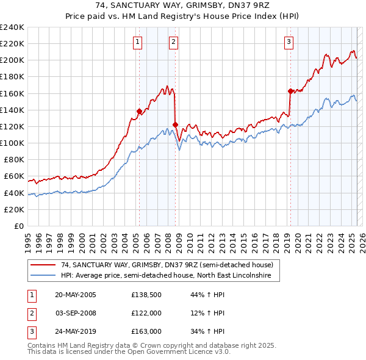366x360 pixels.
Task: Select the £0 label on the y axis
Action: coord(19,226)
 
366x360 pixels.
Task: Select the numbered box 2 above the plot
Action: coord(174,42)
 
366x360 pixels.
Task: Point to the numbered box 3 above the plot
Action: coord(288,42)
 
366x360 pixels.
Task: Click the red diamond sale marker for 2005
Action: coord(139,111)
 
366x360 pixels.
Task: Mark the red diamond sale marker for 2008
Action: coord(175,125)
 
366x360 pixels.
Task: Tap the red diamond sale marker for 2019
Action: coord(290,91)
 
